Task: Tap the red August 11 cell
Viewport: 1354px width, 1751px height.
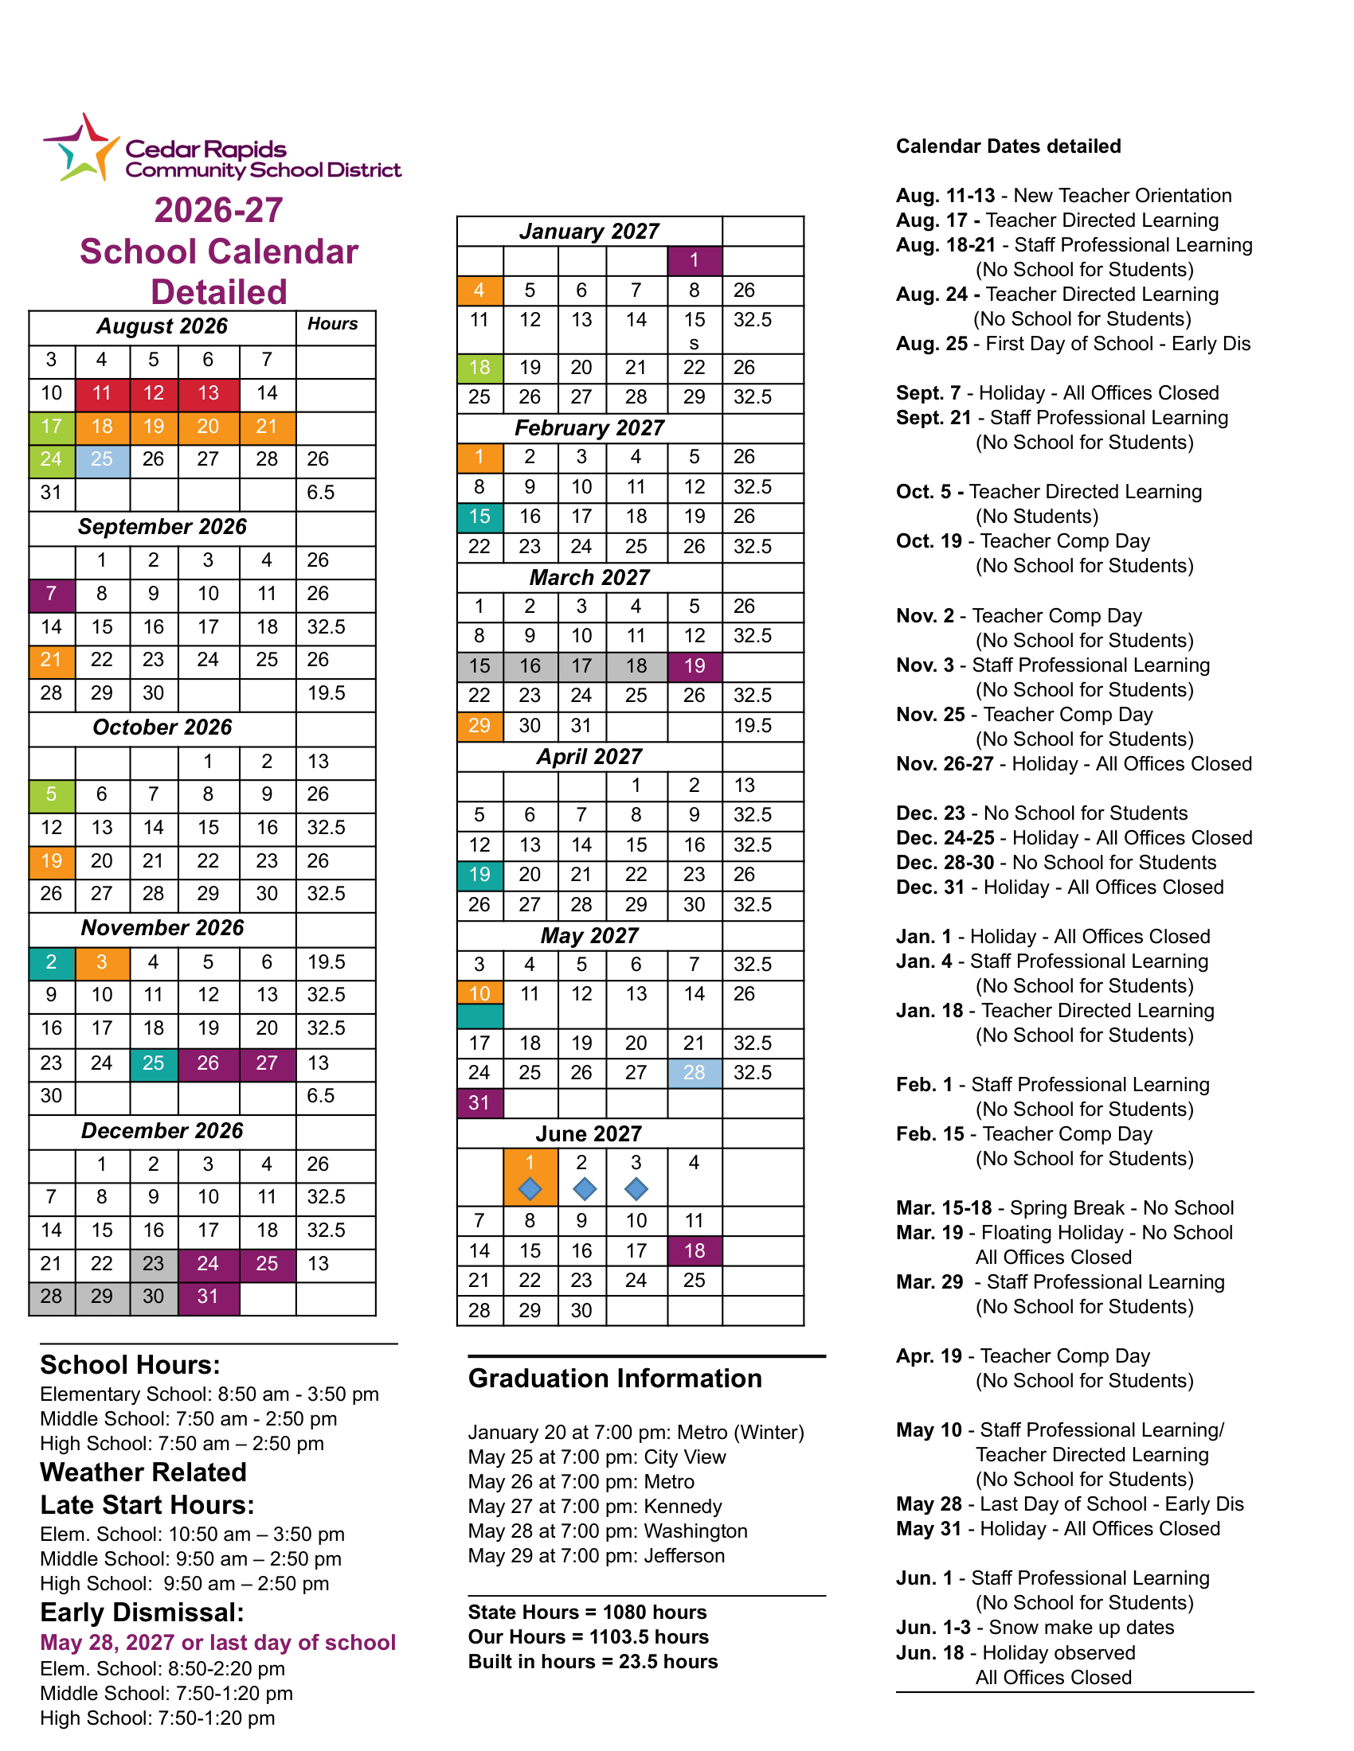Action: (x=103, y=394)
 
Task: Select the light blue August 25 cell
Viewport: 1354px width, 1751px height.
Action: (x=103, y=460)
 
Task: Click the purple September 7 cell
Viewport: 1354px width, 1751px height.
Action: (x=52, y=594)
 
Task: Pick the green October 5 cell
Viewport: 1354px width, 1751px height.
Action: (x=52, y=794)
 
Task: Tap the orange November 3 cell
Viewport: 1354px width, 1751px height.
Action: (x=103, y=962)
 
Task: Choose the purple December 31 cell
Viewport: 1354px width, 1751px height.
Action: (x=209, y=1297)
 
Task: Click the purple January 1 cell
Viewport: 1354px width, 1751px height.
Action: (x=695, y=260)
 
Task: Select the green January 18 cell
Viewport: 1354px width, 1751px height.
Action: (x=479, y=368)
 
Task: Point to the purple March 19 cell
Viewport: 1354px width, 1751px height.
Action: (x=695, y=666)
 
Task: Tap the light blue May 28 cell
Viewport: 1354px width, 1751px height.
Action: (x=695, y=1073)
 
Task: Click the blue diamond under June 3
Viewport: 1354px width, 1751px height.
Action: (x=636, y=1189)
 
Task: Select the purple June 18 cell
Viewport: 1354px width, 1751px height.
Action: (x=695, y=1250)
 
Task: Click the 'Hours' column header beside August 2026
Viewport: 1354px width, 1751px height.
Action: (x=333, y=324)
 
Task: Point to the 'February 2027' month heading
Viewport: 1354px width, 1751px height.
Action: (x=589, y=428)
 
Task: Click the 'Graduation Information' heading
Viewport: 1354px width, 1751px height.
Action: (x=615, y=1379)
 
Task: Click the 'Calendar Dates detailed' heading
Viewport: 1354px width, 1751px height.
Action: (x=1008, y=146)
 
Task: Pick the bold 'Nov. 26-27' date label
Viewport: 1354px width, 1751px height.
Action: (x=945, y=764)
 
